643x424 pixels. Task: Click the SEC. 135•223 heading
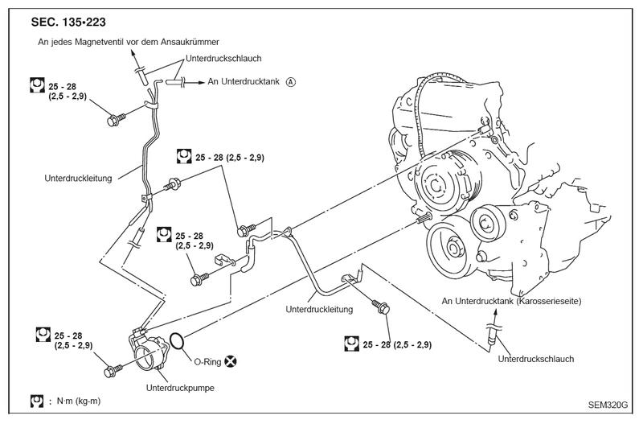68,23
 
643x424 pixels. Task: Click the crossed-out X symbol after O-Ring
231,361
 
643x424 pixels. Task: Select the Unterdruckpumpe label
180,388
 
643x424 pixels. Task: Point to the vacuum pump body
149,354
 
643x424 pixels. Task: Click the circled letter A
290,82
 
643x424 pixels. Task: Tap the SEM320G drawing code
608,405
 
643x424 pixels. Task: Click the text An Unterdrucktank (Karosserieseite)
511,301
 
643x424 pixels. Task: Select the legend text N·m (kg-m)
78,401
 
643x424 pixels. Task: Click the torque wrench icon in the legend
37,401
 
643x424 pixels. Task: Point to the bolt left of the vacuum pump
113,370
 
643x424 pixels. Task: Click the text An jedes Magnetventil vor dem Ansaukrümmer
129,42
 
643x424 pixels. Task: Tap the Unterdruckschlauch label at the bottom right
536,359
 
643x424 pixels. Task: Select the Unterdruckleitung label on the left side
78,179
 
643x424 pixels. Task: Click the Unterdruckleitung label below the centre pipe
319,309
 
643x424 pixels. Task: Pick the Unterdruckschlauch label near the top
223,58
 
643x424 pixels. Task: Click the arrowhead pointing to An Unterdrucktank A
201,83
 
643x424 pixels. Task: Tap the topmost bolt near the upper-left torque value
116,120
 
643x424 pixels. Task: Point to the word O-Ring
207,362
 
